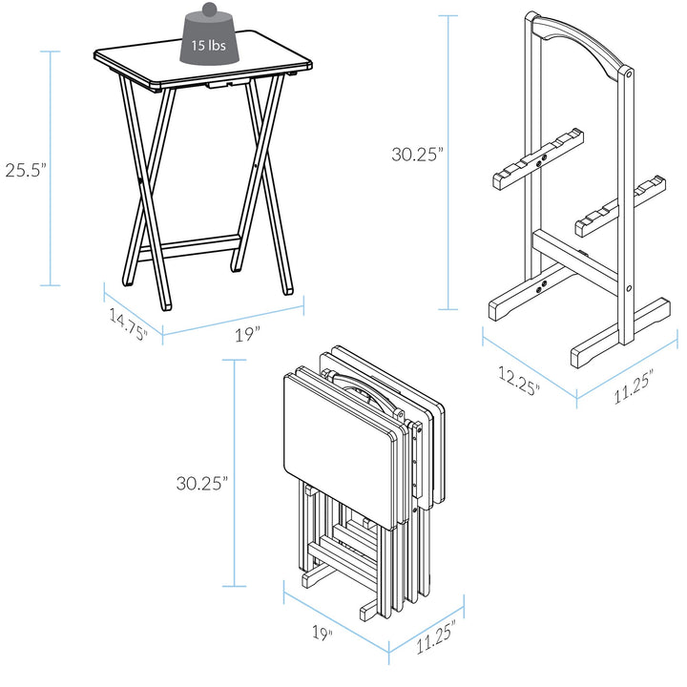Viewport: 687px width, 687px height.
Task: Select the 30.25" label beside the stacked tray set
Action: point(201,483)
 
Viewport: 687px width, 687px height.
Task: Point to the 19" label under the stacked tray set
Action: point(322,633)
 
